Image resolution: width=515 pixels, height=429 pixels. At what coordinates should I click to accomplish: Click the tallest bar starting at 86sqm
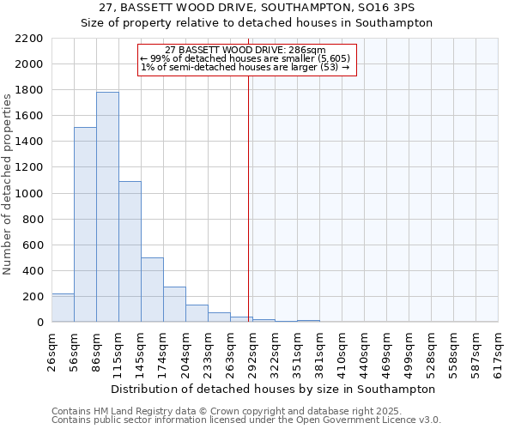[x=107, y=207]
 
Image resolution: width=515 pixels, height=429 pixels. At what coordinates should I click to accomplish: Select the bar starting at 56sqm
[x=85, y=225]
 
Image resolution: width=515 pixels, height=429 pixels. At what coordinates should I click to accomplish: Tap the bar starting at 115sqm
[x=130, y=251]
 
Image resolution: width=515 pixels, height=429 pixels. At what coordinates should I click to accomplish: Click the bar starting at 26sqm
[x=63, y=308]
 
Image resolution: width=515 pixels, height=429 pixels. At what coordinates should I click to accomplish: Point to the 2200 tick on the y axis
[x=30, y=39]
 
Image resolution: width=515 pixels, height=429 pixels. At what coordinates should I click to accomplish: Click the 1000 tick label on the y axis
[x=30, y=194]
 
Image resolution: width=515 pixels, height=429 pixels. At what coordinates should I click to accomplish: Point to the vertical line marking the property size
[x=249, y=197]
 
